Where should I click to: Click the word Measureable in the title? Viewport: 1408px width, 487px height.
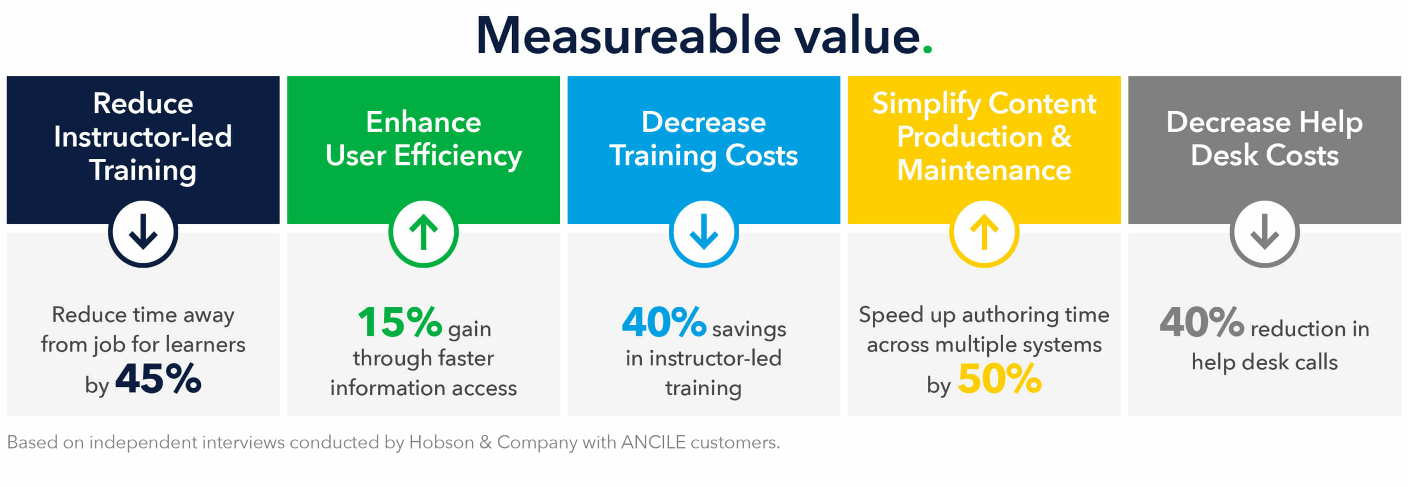[628, 36]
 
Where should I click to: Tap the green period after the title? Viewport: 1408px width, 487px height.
[927, 49]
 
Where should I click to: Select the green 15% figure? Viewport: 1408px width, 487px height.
[400, 322]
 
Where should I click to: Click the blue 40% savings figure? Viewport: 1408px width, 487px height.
[664, 322]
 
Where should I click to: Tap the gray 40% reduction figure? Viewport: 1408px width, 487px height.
[1202, 322]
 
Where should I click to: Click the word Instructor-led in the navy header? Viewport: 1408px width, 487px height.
[143, 136]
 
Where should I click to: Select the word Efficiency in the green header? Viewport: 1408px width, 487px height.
[458, 156]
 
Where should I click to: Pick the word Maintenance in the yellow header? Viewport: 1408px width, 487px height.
[985, 170]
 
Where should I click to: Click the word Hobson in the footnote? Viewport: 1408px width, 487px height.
[442, 442]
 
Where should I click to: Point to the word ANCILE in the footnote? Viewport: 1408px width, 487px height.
[653, 442]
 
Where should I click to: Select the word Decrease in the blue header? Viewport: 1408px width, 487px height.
[703, 122]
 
